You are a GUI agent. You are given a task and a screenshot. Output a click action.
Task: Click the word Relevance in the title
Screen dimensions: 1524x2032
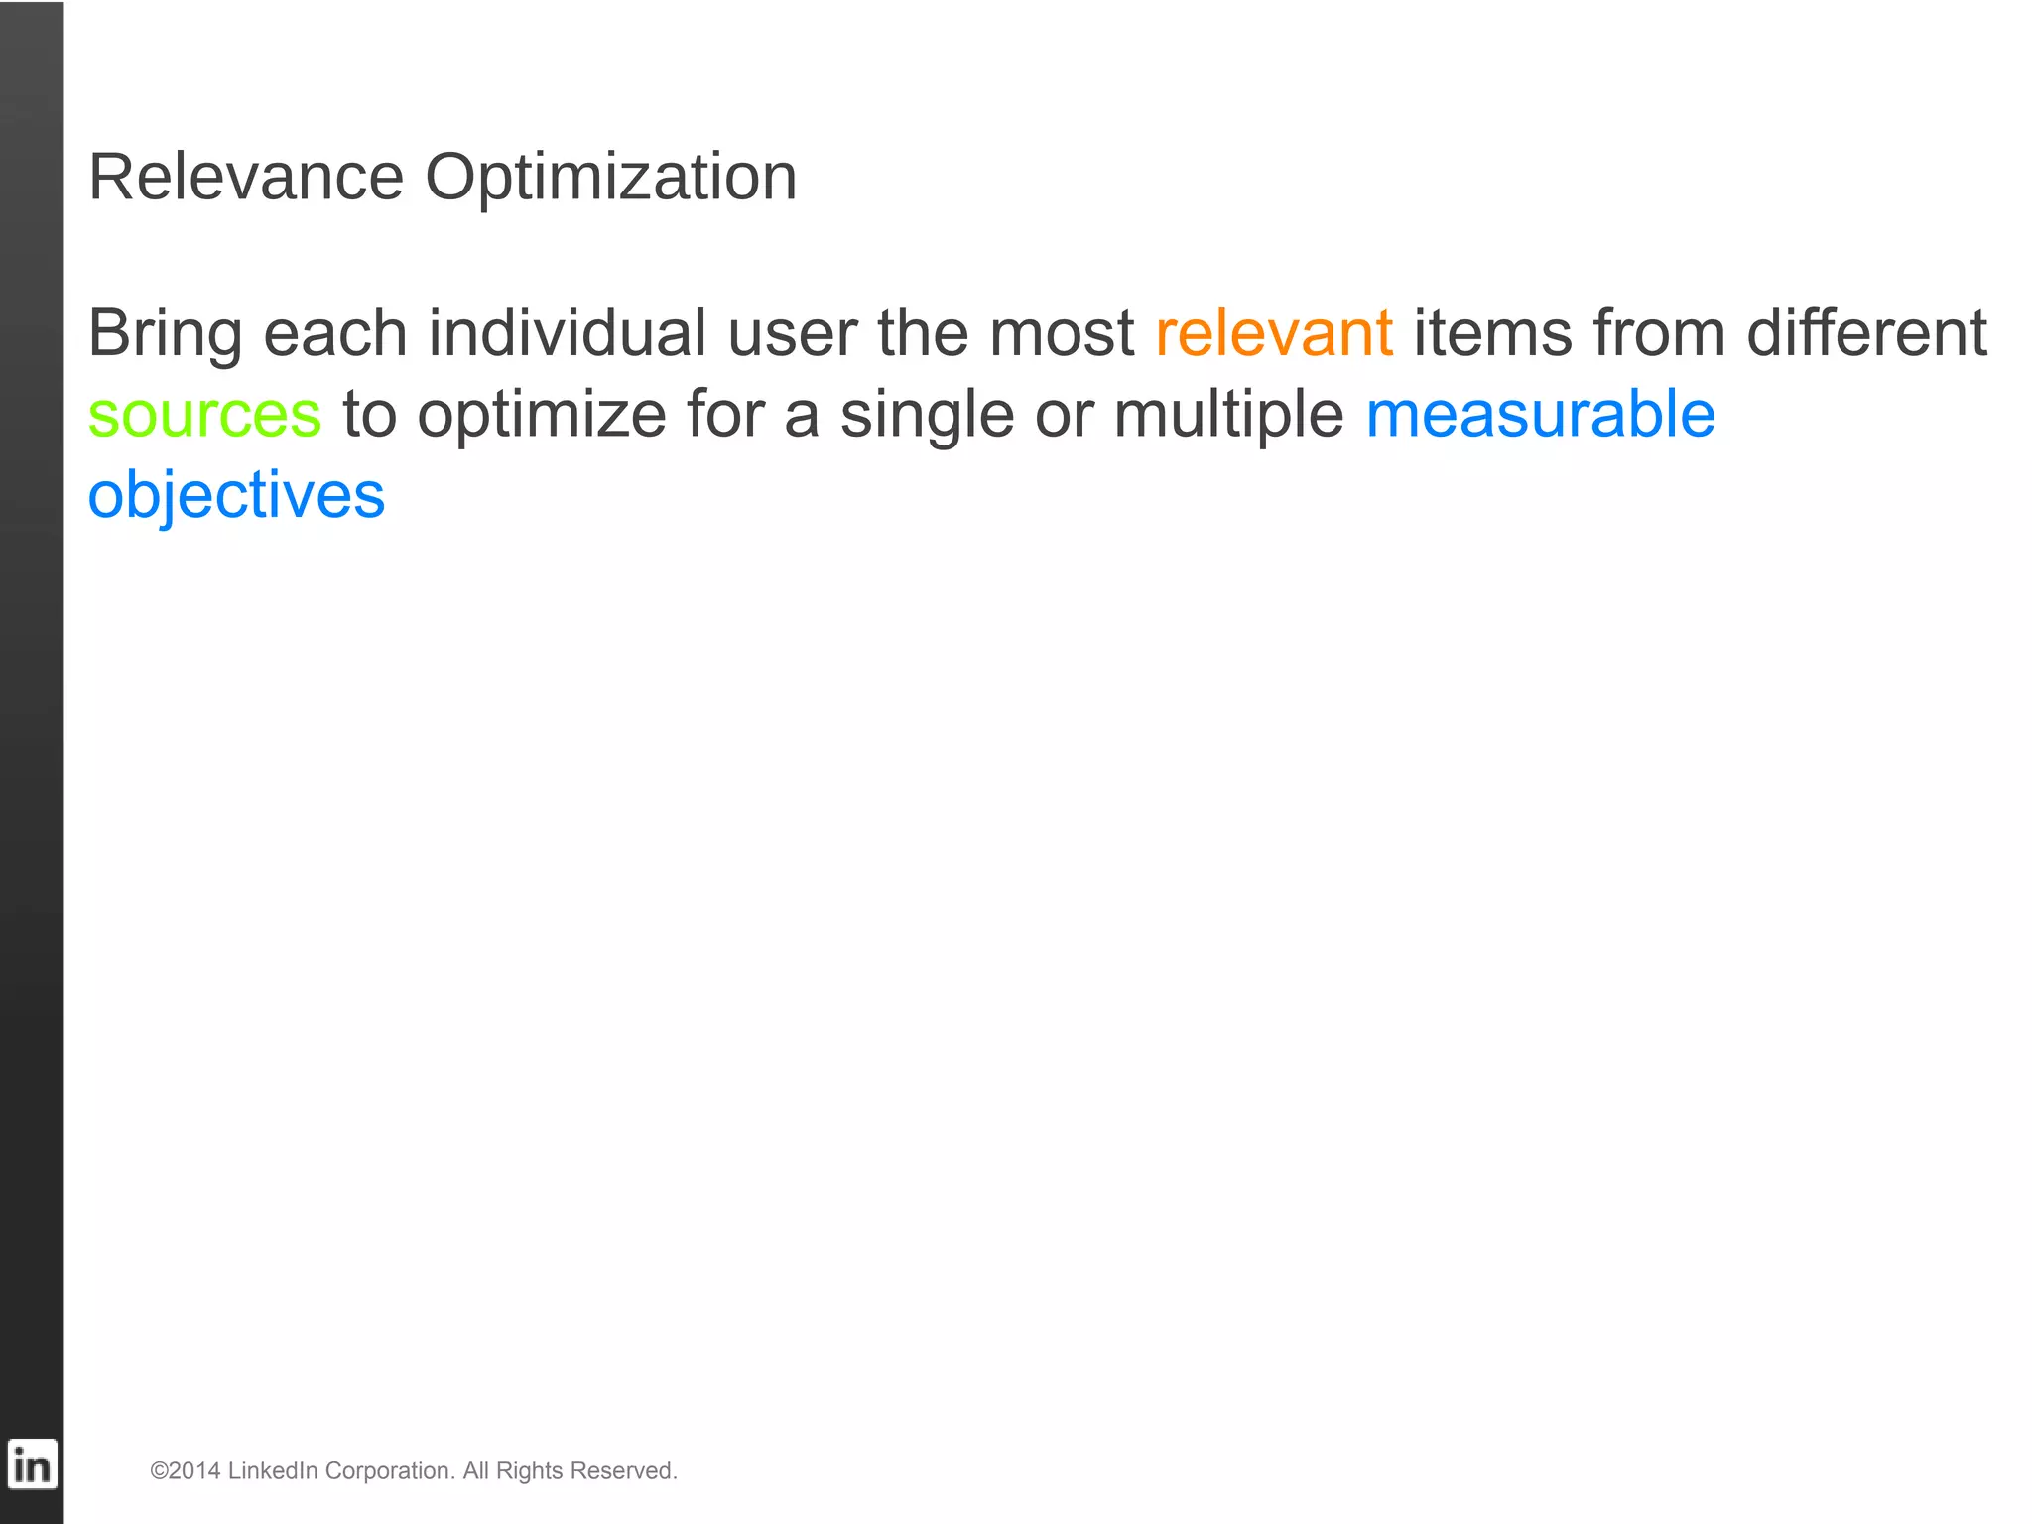click(x=246, y=178)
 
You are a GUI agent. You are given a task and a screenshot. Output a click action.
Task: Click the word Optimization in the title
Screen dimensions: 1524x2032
click(x=610, y=180)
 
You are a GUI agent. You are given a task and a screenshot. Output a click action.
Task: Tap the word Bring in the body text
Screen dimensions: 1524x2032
click(x=165, y=334)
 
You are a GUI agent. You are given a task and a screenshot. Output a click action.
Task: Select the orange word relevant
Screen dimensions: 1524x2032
click(x=1274, y=332)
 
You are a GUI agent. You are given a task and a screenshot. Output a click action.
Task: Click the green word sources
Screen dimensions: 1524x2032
click(x=204, y=415)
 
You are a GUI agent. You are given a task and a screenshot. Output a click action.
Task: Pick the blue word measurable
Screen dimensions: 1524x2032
click(x=1540, y=414)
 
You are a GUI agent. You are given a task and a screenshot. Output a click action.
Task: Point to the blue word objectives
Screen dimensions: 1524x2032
click(x=236, y=496)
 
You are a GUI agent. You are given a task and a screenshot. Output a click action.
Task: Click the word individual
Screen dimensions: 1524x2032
click(x=567, y=332)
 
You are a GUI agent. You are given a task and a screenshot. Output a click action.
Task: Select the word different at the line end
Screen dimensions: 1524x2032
click(x=1866, y=332)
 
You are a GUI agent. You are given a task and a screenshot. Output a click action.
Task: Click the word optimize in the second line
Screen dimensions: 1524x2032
click(x=541, y=415)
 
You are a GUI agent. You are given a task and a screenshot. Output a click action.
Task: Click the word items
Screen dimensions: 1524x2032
click(x=1492, y=332)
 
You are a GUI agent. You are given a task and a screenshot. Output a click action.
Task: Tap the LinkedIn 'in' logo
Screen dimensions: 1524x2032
click(x=32, y=1464)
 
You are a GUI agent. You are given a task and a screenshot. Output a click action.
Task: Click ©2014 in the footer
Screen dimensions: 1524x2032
click(x=185, y=1470)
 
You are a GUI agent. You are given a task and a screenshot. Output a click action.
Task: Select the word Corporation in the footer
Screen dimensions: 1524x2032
click(x=389, y=1470)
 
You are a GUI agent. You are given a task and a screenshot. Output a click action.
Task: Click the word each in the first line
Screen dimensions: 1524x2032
click(x=334, y=332)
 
